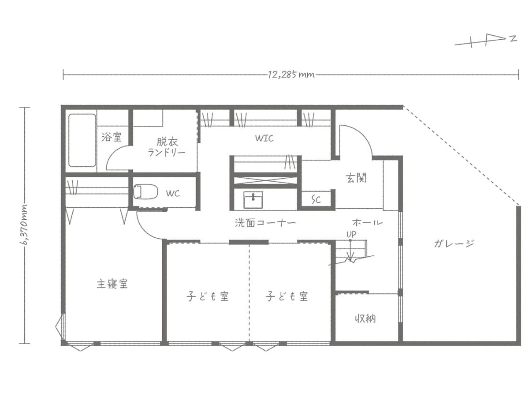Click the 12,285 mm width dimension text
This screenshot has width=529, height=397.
click(x=291, y=75)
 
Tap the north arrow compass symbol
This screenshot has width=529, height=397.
click(x=485, y=42)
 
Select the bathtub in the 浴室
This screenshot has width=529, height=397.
click(x=82, y=140)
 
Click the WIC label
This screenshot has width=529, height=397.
click(x=264, y=138)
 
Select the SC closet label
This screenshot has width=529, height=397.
click(x=316, y=199)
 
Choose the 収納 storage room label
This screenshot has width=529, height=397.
click(x=365, y=318)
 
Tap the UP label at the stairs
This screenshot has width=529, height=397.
click(x=351, y=234)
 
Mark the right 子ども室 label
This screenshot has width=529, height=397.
click(x=287, y=296)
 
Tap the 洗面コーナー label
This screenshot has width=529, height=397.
click(x=264, y=223)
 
